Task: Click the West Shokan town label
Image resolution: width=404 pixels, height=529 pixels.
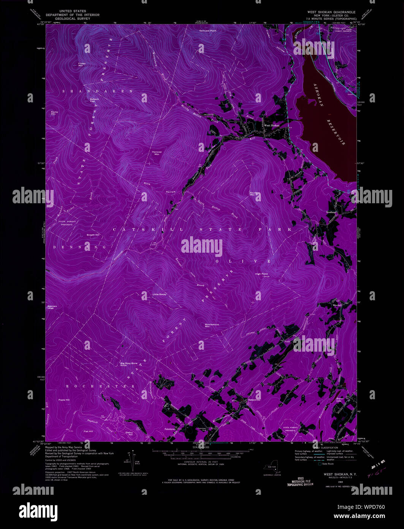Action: click(x=272, y=125)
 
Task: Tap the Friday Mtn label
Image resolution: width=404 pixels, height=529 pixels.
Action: click(x=82, y=64)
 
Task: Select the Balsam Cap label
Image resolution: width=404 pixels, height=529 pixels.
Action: click(x=94, y=100)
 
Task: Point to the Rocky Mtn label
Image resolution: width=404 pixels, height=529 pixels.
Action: click(x=54, y=113)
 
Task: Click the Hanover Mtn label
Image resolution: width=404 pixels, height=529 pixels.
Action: click(x=157, y=153)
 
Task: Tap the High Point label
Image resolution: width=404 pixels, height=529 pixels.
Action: click(x=261, y=274)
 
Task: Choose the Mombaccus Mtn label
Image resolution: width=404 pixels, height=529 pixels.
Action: click(x=212, y=325)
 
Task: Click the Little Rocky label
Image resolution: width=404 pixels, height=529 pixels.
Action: click(x=160, y=294)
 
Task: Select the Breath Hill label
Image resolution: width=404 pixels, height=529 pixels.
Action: click(x=93, y=235)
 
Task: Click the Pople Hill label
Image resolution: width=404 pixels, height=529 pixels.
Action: click(x=64, y=400)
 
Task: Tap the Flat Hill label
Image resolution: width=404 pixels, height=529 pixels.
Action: click(x=89, y=431)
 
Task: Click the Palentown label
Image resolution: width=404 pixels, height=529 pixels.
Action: click(x=170, y=429)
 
